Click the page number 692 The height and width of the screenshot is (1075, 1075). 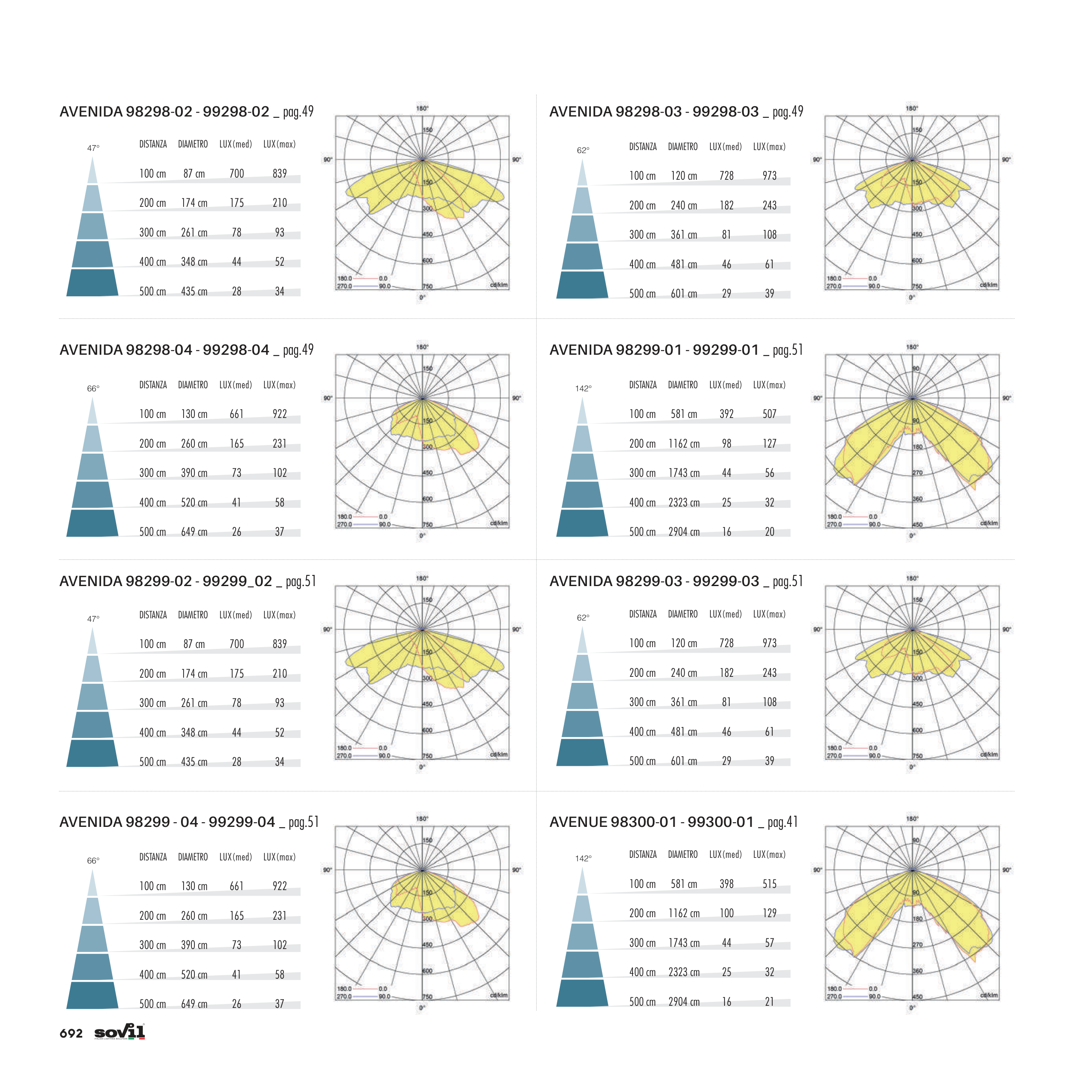[x=71, y=1033]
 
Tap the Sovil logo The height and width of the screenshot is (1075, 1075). [x=120, y=1032]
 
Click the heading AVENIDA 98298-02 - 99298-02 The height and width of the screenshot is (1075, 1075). [x=164, y=112]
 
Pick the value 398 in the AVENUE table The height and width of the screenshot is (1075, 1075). [x=726, y=884]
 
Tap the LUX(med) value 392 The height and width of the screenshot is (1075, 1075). [x=726, y=414]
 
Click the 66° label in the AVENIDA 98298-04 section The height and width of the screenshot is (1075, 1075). [x=93, y=388]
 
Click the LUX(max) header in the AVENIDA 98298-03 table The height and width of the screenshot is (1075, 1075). [x=769, y=147]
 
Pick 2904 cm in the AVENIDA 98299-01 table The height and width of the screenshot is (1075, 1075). [x=684, y=532]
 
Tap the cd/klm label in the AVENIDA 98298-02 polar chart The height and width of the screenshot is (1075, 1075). [x=498, y=285]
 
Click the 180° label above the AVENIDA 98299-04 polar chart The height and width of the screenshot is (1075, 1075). [x=422, y=818]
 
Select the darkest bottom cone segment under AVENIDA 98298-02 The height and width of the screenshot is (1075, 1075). [x=92, y=283]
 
